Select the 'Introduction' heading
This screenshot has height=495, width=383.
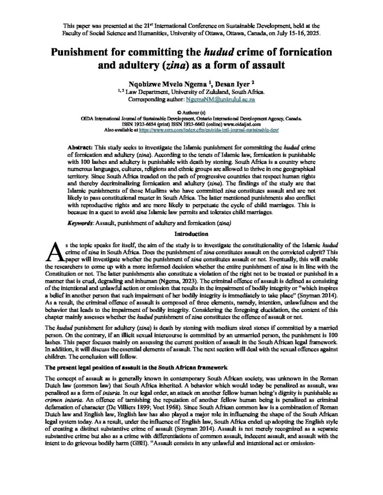[x=191, y=233]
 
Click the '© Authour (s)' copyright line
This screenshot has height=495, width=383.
[x=191, y=111]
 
